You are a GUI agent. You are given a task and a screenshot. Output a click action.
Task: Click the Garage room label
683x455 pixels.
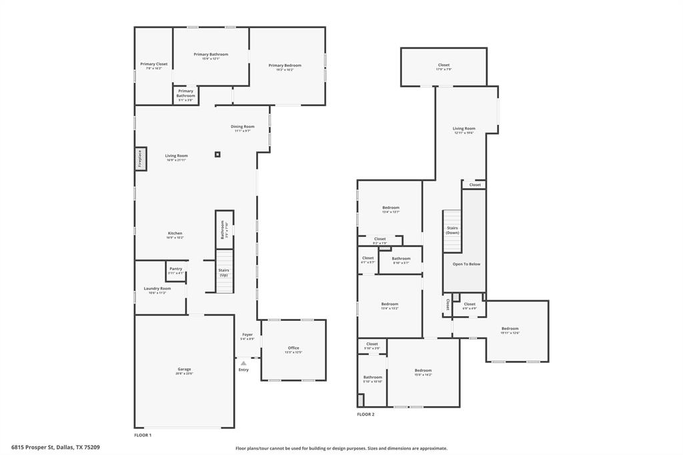(x=184, y=369)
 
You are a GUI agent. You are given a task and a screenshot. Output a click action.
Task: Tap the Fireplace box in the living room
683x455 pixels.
(x=141, y=159)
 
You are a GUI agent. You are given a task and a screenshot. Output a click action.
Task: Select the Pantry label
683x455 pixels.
(x=175, y=269)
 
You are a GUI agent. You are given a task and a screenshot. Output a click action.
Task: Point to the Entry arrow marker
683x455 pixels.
(x=243, y=363)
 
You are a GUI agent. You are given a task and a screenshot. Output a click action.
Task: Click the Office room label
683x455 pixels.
(x=293, y=348)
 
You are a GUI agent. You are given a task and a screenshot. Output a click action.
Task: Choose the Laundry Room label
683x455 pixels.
(x=157, y=289)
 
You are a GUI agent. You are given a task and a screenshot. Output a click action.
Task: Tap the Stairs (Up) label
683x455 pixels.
(x=224, y=272)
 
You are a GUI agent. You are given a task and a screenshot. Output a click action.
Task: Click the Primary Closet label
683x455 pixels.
(x=154, y=64)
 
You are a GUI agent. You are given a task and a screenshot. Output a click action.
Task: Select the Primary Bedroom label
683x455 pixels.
(x=285, y=65)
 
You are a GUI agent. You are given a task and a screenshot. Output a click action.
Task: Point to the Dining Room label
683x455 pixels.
(x=243, y=127)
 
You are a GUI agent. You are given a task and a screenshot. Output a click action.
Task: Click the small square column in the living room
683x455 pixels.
(x=217, y=155)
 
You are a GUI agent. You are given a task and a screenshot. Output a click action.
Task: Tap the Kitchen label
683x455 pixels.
(x=175, y=234)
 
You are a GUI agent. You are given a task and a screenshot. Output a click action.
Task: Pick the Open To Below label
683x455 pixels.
(x=466, y=264)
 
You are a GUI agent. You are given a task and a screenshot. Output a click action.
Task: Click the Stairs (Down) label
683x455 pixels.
(x=452, y=230)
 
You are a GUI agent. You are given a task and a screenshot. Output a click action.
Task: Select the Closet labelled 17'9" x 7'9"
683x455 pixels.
(x=444, y=65)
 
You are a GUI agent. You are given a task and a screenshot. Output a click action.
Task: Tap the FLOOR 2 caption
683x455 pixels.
(x=366, y=414)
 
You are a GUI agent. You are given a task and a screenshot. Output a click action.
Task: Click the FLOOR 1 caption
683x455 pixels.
(x=143, y=435)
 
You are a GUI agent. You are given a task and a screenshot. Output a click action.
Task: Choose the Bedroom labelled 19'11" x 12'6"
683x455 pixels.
(x=510, y=329)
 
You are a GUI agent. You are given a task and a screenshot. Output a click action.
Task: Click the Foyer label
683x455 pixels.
(x=247, y=335)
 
